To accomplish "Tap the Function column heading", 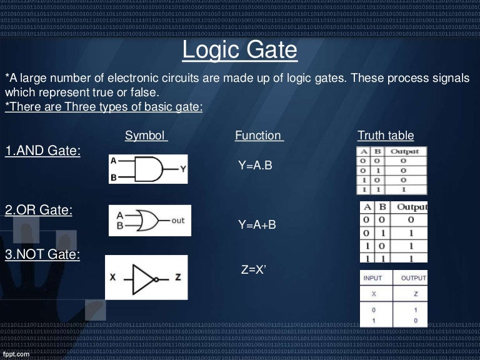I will (x=258, y=136).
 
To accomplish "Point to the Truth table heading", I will (x=385, y=136).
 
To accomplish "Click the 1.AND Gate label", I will (x=42, y=151).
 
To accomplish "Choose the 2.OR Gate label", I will (x=39, y=210).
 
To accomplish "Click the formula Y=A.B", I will (x=255, y=166).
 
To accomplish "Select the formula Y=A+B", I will (x=257, y=225).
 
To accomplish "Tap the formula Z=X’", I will (x=254, y=270).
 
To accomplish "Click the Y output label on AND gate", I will (x=182, y=168).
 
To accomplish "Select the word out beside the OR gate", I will (x=179, y=220).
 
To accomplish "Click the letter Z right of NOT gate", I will (x=177, y=277).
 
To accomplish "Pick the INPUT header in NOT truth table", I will (x=374, y=277).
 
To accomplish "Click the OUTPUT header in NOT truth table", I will (x=413, y=277).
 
